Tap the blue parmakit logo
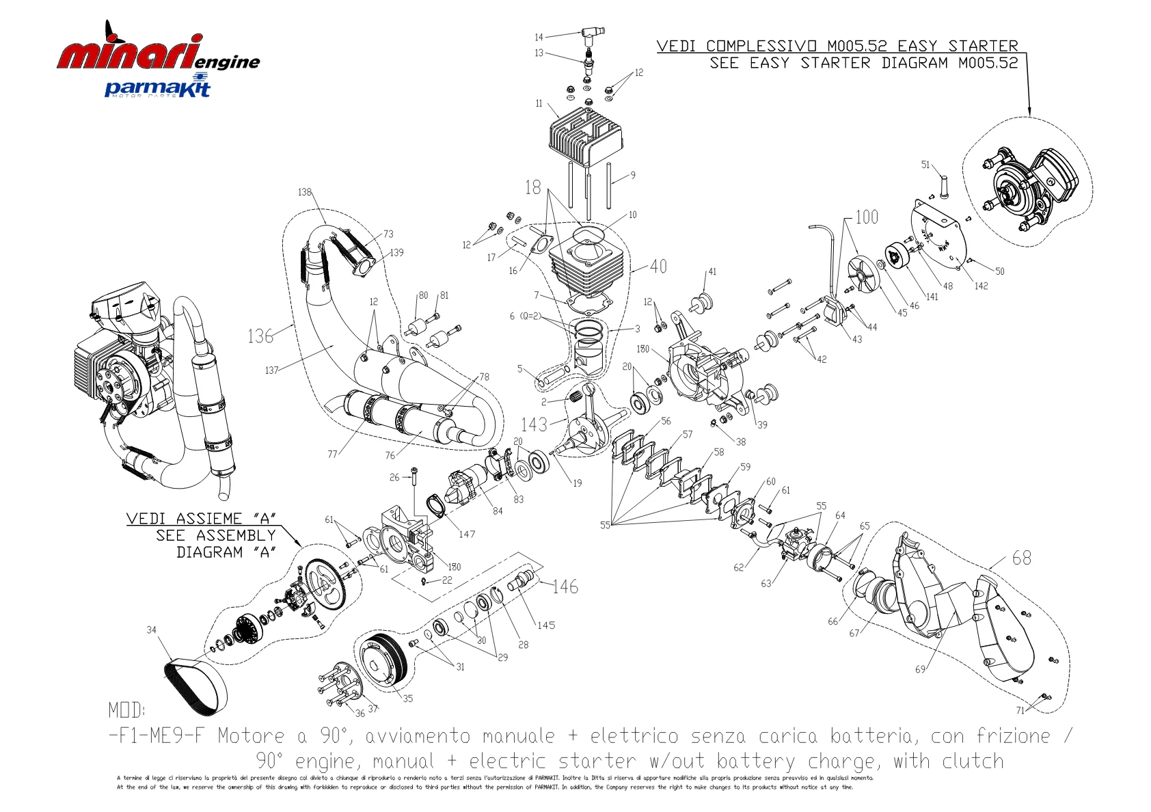tap(157, 88)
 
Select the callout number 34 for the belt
tap(151, 630)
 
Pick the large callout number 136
tap(260, 336)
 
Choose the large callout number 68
tap(1021, 558)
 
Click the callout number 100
tap(866, 217)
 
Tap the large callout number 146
tap(565, 586)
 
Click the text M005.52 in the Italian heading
tap(857, 46)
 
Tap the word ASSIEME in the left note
tap(209, 519)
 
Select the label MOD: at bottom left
tap(126, 710)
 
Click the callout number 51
tap(925, 165)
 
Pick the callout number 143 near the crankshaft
tap(534, 424)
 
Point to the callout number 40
tap(658, 266)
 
